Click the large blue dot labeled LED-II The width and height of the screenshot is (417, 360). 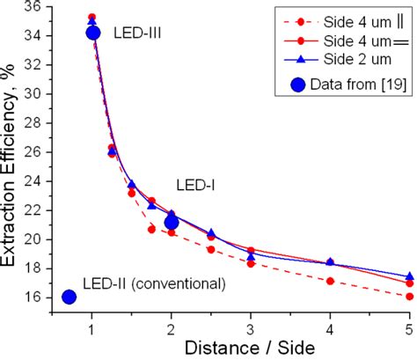[69, 297]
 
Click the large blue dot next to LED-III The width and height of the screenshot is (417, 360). [93, 33]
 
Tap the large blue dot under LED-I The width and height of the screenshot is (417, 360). [172, 223]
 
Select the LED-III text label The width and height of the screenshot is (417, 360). [138, 33]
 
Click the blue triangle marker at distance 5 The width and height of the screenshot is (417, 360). [409, 276]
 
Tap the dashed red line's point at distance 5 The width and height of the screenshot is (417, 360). [409, 296]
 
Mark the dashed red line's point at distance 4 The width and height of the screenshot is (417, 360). [330, 281]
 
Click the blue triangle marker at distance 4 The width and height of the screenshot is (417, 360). [330, 262]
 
